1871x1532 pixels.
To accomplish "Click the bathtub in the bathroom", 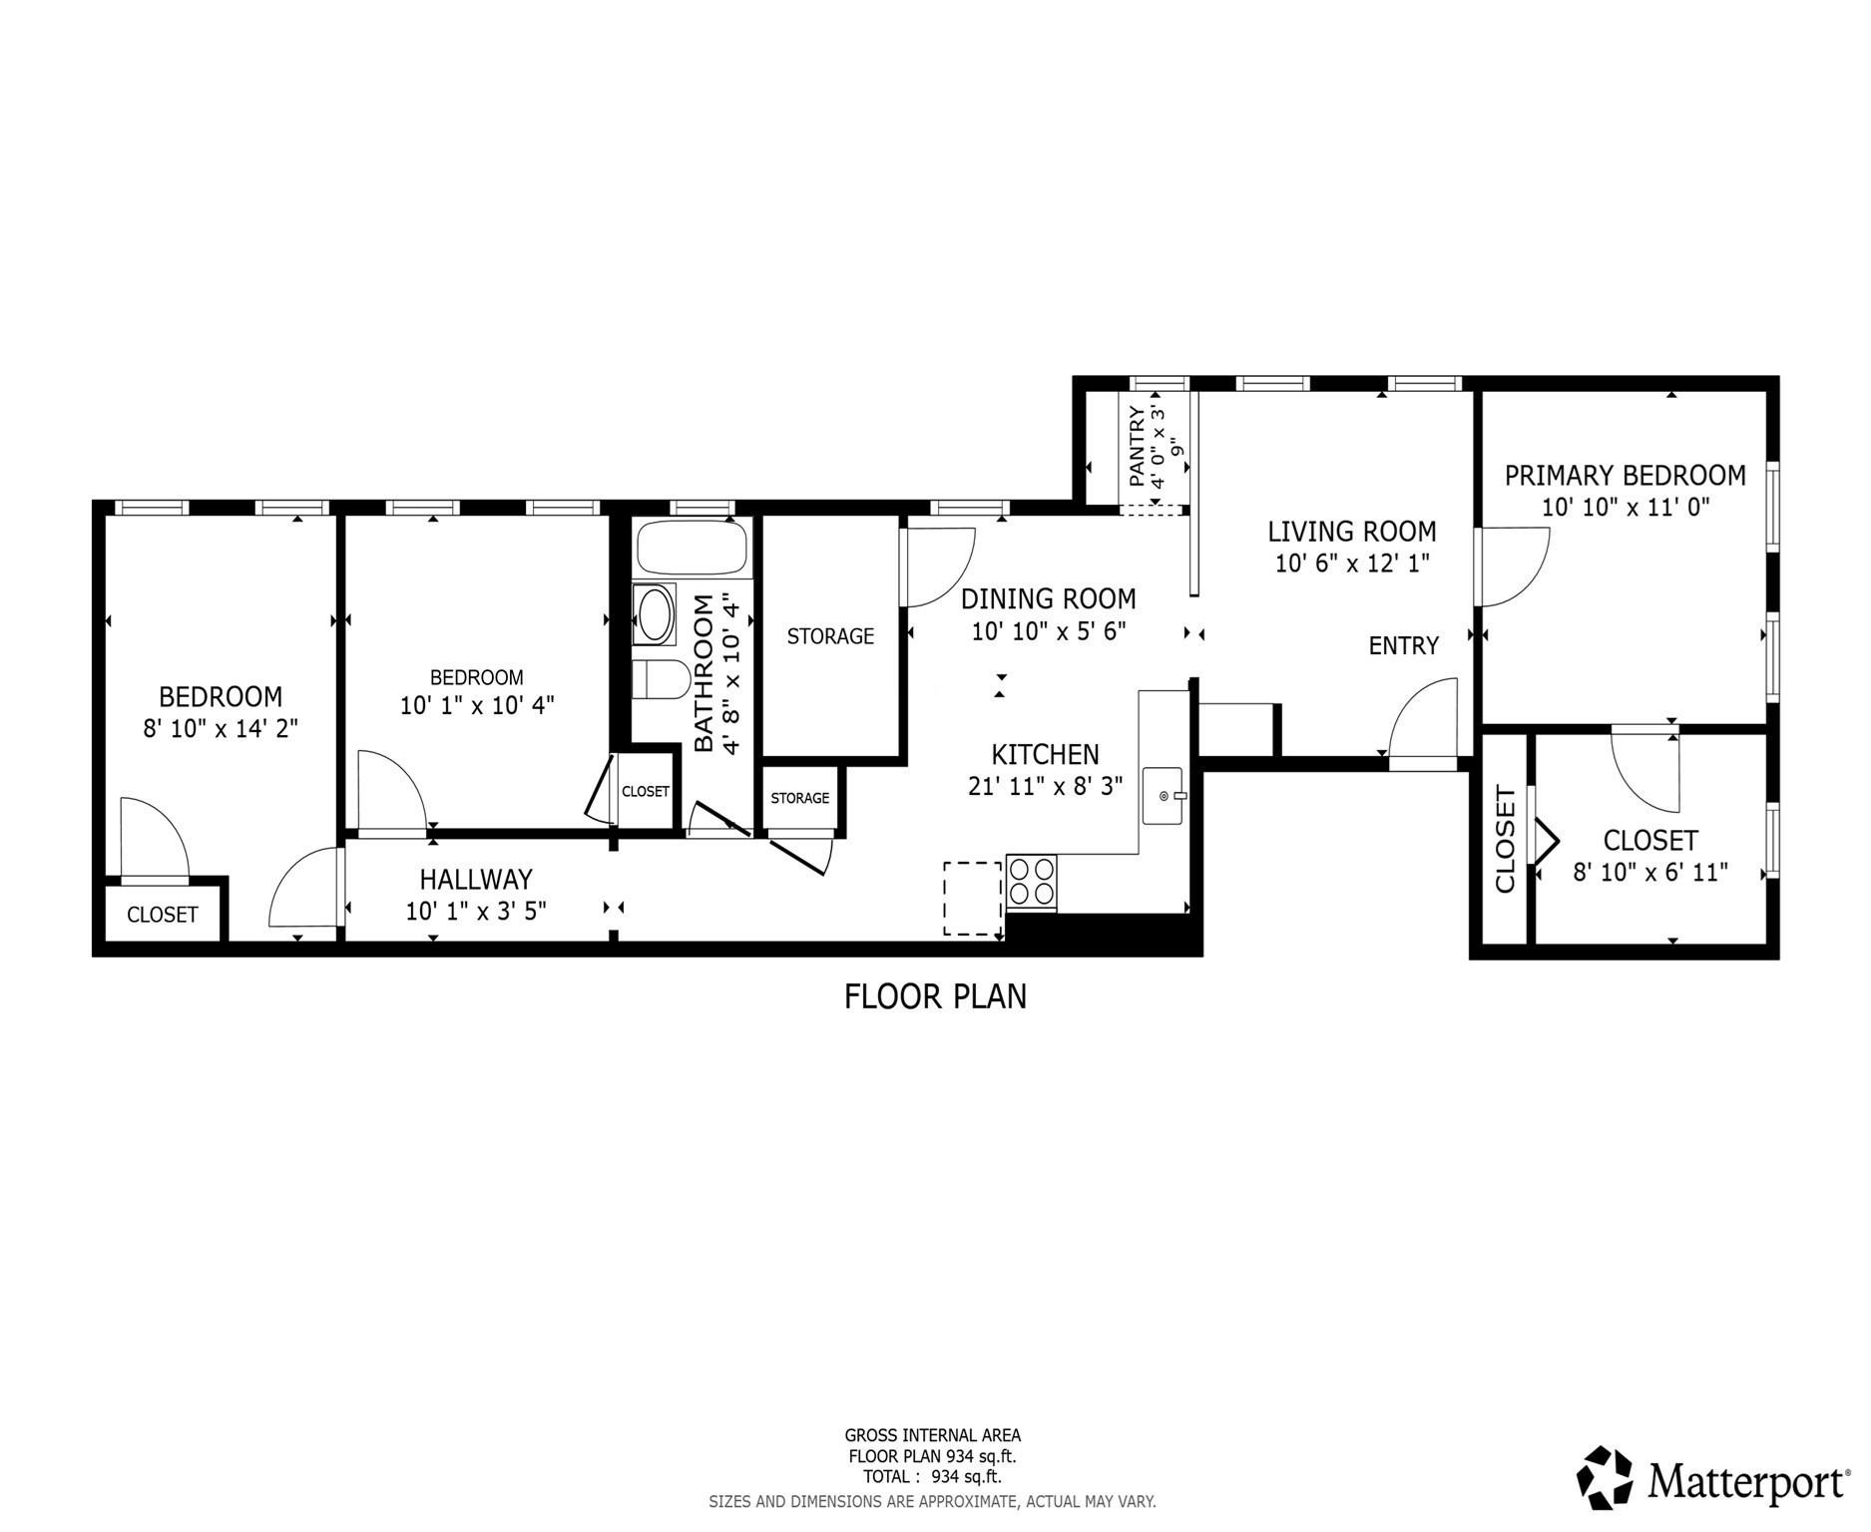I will (x=692, y=548).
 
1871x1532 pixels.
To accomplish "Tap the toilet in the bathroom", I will (x=660, y=680).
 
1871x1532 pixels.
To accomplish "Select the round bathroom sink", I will (x=655, y=614).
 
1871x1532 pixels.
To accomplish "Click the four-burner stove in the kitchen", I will (x=1032, y=882).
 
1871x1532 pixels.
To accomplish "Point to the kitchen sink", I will (x=1163, y=796).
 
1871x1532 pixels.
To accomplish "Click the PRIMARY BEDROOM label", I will (x=1625, y=476).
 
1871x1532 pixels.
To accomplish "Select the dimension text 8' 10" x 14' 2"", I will (x=221, y=729).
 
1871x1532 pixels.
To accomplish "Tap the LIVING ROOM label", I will (x=1351, y=532).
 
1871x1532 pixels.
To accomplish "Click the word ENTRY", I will (x=1403, y=646).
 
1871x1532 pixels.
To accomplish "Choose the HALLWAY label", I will (x=476, y=880).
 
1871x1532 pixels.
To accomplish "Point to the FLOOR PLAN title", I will (x=935, y=996).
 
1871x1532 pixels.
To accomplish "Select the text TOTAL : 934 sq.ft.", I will (x=932, y=1477).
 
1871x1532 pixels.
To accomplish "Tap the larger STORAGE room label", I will (x=830, y=636).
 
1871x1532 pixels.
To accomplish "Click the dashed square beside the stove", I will (x=973, y=899).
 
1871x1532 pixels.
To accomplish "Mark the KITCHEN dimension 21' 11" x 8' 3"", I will (x=1045, y=787).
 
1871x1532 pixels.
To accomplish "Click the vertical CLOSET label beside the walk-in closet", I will (x=1505, y=839).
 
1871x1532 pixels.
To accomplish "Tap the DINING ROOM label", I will (x=1048, y=599).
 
